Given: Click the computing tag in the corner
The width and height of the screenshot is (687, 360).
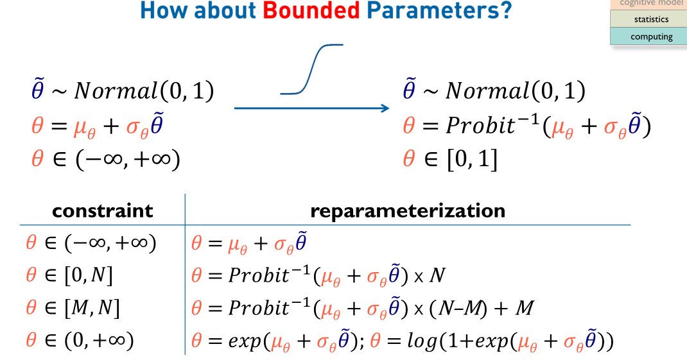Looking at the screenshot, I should (650, 37).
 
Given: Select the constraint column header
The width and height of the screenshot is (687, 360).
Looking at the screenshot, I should (103, 210).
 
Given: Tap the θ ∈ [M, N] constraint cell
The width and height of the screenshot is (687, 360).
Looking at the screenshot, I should (73, 309).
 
